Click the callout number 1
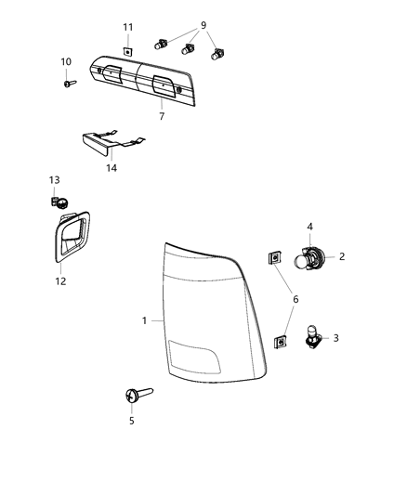pyautogui.click(x=145, y=320)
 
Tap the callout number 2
pyautogui.click(x=342, y=257)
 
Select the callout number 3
pyautogui.click(x=335, y=339)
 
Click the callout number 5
pyautogui.click(x=132, y=421)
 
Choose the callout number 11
pyautogui.click(x=129, y=27)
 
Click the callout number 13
pyautogui.click(x=54, y=179)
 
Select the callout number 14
pyautogui.click(x=112, y=168)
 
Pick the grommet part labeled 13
pyautogui.click(x=57, y=200)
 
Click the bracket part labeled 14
pyautogui.click(x=104, y=145)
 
